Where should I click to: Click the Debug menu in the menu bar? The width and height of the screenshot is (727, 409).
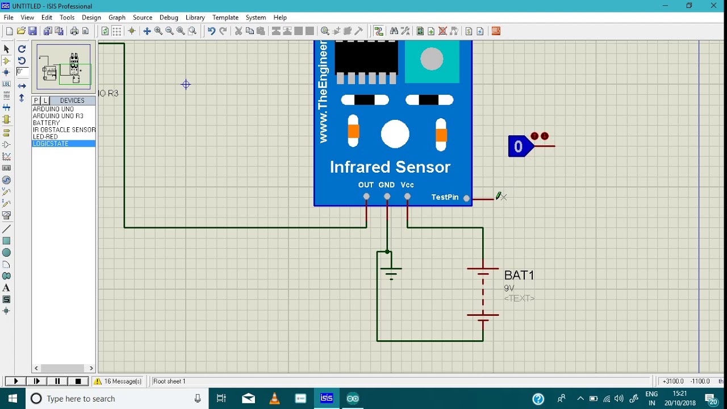(x=169, y=18)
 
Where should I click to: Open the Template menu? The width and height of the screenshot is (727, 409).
(x=225, y=18)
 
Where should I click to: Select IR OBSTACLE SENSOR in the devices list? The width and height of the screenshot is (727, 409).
(x=64, y=130)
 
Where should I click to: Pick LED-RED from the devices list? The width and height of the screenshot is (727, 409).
(x=45, y=137)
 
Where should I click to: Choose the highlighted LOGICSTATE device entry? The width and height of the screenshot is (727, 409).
(x=51, y=144)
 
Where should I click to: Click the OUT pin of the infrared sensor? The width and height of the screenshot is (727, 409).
(x=366, y=197)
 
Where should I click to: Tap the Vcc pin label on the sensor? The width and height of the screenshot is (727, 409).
(x=407, y=185)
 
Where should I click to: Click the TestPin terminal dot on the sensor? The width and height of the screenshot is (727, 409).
(x=466, y=198)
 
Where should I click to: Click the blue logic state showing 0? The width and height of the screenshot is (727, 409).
(x=519, y=147)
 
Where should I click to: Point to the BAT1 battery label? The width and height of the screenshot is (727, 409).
(x=519, y=276)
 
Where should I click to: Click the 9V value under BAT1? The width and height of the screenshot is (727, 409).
(x=509, y=289)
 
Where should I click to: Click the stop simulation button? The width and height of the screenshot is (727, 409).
(x=78, y=381)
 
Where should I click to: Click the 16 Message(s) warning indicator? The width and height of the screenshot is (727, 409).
(x=118, y=381)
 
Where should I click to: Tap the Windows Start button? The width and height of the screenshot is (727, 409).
(x=12, y=398)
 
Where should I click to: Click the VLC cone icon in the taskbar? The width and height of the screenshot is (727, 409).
(x=274, y=398)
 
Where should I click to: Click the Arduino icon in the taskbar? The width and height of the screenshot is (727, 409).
(x=353, y=398)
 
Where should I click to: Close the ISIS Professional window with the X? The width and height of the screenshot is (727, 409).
(x=713, y=6)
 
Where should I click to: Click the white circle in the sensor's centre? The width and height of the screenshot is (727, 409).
(x=395, y=135)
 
